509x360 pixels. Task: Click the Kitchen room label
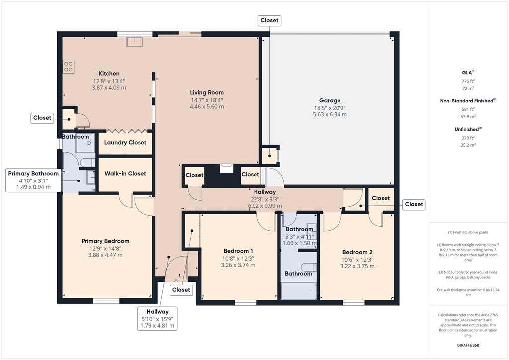(109, 74)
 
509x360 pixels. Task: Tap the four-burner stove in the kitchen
(68, 66)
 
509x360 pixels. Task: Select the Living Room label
(207, 93)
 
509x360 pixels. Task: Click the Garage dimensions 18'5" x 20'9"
(330, 108)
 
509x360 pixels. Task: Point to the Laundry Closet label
(125, 143)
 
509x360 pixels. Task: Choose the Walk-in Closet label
(125, 174)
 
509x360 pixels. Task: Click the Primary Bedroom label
(105, 241)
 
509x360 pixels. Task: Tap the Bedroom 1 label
(238, 251)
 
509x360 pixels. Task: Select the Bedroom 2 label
(357, 252)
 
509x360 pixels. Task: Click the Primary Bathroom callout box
(33, 180)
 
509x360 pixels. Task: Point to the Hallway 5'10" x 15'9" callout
(158, 318)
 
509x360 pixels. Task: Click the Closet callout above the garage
(269, 20)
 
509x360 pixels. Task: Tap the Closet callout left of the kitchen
(42, 118)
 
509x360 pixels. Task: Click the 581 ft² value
(468, 109)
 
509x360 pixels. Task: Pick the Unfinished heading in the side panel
(468, 129)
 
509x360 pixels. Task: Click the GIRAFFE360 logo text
(468, 345)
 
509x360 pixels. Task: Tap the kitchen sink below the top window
(135, 42)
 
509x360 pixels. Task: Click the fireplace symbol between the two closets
(227, 169)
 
